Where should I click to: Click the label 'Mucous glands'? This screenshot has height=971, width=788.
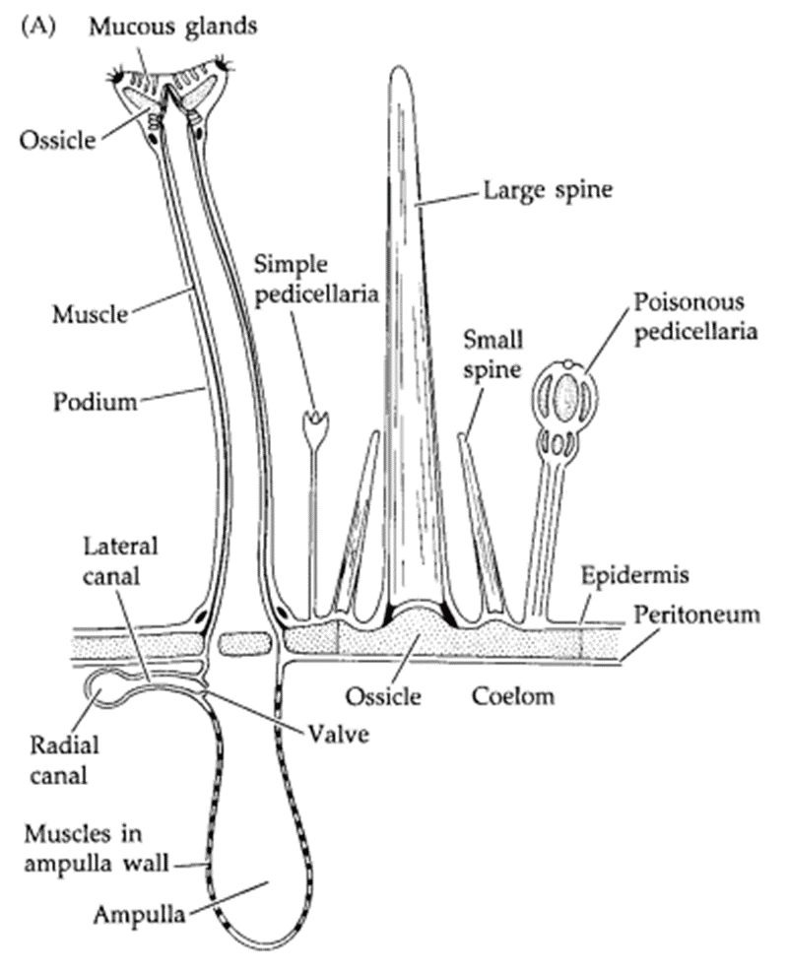click(173, 26)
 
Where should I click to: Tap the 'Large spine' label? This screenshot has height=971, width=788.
click(547, 188)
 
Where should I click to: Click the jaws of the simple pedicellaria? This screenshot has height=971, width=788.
click(316, 426)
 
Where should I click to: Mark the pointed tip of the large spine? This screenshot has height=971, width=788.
click(400, 71)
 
